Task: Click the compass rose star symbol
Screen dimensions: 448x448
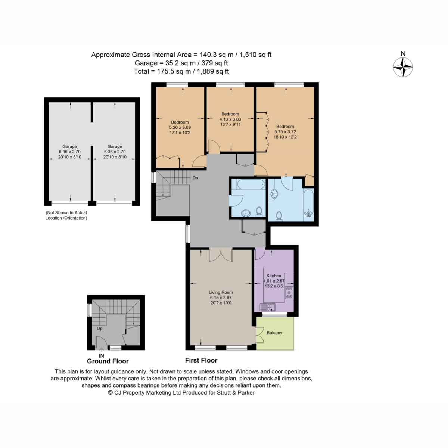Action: (403, 68)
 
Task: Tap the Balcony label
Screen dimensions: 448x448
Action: (274, 333)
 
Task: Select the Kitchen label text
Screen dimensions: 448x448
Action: (274, 276)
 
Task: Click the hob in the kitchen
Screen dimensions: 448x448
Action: (289, 293)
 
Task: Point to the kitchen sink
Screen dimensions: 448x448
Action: (268, 307)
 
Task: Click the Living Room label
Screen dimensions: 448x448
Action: (221, 292)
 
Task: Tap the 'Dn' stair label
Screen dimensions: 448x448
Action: (195, 178)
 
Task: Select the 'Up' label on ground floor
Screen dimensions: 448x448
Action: (100, 329)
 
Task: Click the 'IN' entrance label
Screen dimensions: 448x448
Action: (102, 356)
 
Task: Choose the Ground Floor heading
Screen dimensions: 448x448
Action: (108, 361)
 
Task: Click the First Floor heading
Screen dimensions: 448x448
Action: (201, 360)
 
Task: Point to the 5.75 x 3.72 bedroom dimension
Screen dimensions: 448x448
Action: (285, 131)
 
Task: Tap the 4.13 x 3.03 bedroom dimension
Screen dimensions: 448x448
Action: (230, 119)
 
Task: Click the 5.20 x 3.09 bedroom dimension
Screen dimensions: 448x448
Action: (180, 127)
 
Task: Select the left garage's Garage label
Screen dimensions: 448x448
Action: (69, 146)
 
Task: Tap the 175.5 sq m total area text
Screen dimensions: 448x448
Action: (174, 71)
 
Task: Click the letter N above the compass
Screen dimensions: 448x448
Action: (403, 54)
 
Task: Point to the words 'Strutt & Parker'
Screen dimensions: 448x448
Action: (236, 393)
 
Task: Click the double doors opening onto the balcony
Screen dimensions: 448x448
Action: (260, 335)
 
